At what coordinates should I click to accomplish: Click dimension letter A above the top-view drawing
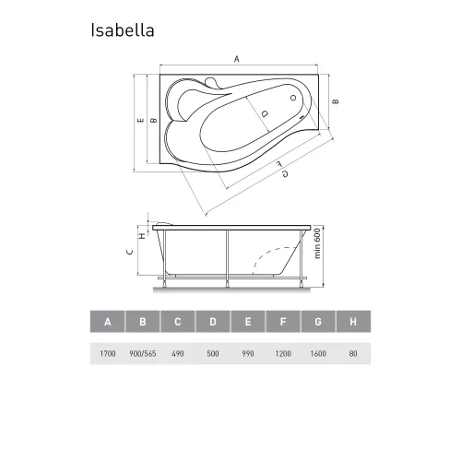tap(236, 59)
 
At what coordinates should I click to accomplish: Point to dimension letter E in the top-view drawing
tap(139, 120)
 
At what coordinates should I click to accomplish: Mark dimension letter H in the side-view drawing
tap(140, 236)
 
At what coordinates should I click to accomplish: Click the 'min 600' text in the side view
tap(316, 243)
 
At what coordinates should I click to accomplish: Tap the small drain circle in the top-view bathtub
tap(293, 98)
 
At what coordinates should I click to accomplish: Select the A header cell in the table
tap(108, 322)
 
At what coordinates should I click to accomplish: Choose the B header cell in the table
tap(143, 322)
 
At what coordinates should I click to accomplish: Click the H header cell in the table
tap(352, 322)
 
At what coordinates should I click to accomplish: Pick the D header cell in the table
tap(213, 322)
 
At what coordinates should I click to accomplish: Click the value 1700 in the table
tap(108, 352)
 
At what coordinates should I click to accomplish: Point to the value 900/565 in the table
tap(143, 352)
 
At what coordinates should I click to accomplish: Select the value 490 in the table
tap(178, 352)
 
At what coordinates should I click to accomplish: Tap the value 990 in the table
tap(248, 352)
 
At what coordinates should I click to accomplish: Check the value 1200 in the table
tap(283, 352)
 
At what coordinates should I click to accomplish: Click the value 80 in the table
tap(352, 352)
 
